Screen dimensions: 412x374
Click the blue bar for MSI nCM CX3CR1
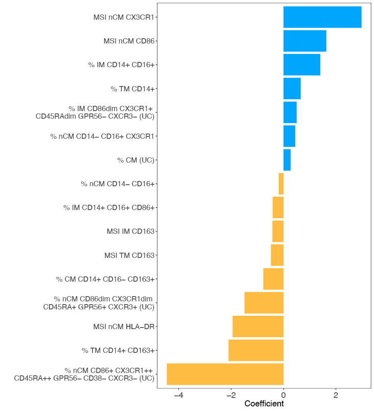tap(322, 17)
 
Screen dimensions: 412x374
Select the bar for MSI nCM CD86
tap(304, 41)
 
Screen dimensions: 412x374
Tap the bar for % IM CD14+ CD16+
tap(302, 64)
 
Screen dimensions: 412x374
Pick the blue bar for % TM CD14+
tap(292, 89)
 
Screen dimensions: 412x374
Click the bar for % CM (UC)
tap(287, 160)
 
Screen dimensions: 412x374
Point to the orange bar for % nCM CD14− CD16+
tap(281, 184)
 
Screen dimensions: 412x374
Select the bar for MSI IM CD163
tap(278, 231)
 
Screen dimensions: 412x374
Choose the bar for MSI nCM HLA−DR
tap(258, 326)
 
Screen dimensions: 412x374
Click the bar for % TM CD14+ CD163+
tap(256, 350)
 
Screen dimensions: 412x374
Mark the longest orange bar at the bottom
tap(225, 374)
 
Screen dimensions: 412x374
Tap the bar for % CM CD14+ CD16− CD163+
tap(273, 279)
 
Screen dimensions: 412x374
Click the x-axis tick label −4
tap(179, 395)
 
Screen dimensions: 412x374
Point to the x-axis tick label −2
tap(231, 395)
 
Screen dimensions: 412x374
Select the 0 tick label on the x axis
tap(284, 395)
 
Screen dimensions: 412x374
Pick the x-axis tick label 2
tap(336, 395)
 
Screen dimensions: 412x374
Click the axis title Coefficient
tap(264, 404)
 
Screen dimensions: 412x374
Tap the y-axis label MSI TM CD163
tap(129, 255)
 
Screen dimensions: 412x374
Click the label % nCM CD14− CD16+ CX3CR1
tap(102, 136)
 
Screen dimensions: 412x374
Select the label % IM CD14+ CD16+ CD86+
tap(109, 208)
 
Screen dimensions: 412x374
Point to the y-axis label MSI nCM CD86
tap(129, 41)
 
